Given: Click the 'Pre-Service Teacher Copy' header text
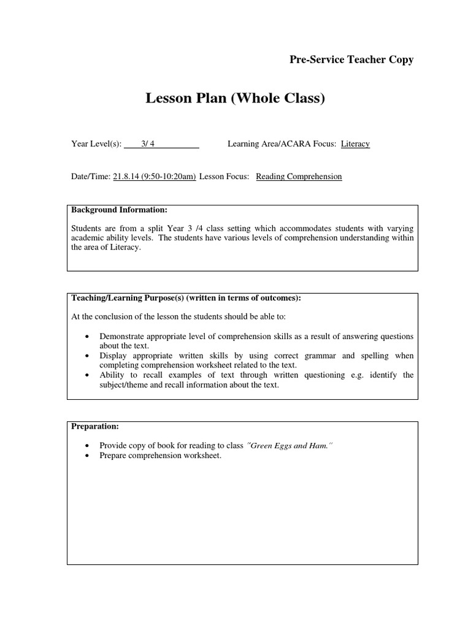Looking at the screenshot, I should coord(351,59).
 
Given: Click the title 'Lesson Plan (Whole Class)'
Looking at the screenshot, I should coord(235,98).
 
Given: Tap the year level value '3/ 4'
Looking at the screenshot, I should coord(148,144).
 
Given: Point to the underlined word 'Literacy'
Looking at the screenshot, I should coord(356,144).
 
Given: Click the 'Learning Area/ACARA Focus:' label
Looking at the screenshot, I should coord(282,144).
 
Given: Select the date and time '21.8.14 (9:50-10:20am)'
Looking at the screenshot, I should coord(155,177).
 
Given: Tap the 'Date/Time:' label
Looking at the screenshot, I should coord(91,177).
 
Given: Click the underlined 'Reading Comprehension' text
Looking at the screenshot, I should coord(299,177).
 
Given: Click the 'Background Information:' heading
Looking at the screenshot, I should coord(120,210).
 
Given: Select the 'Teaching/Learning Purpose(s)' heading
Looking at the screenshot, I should coord(186,298).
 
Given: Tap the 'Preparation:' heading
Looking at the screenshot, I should coord(96,426).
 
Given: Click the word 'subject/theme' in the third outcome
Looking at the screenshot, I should coord(122,385).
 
